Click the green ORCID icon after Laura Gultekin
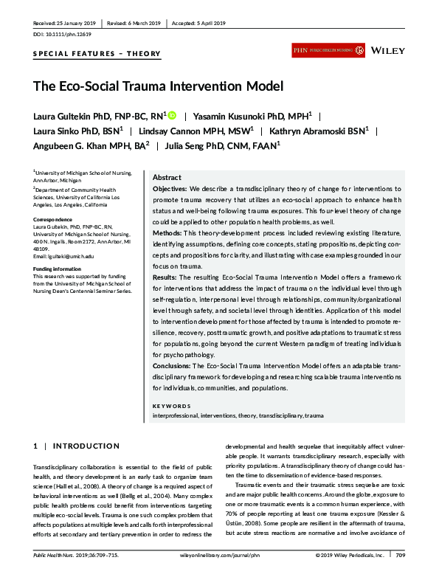tap(172, 115)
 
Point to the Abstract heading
tap(166, 178)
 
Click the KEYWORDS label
tap(170, 406)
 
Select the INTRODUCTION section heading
tap(86, 446)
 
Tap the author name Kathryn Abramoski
tap(302, 130)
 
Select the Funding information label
tap(57, 269)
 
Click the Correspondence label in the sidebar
tap(54, 221)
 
